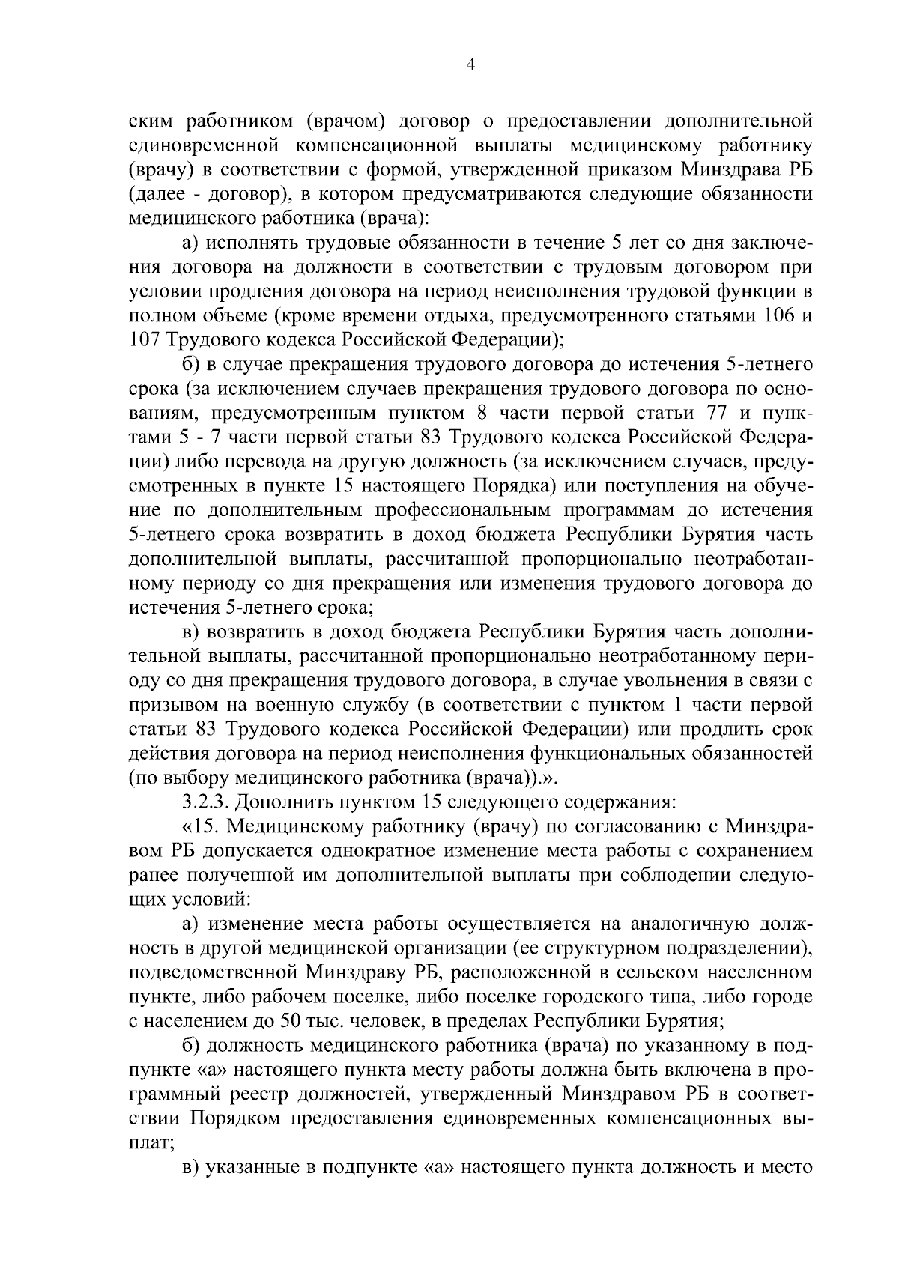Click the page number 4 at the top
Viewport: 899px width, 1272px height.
click(470, 65)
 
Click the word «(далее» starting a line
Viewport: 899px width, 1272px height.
click(153, 194)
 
